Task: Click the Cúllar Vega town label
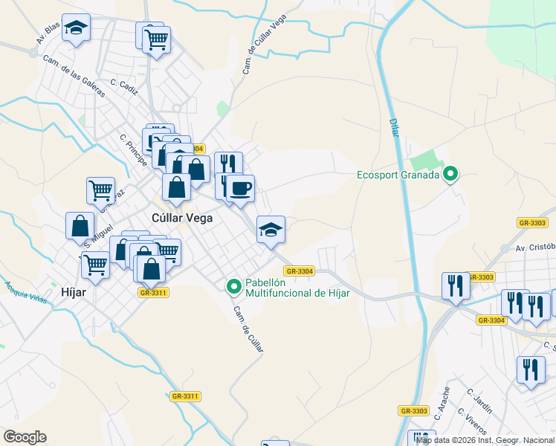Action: tap(182, 219)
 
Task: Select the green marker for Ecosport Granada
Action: tap(450, 175)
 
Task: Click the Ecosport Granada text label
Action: tap(396, 176)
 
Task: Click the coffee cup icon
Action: tap(239, 188)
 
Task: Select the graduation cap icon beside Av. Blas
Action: tap(75, 28)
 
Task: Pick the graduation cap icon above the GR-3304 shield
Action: tap(271, 228)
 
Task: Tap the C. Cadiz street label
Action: tap(124, 88)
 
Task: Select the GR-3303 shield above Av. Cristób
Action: tap(532, 223)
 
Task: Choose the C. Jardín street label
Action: tap(479, 401)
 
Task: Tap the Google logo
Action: tap(25, 437)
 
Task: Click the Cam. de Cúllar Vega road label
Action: tap(265, 45)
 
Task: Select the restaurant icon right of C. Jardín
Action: tap(530, 369)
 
